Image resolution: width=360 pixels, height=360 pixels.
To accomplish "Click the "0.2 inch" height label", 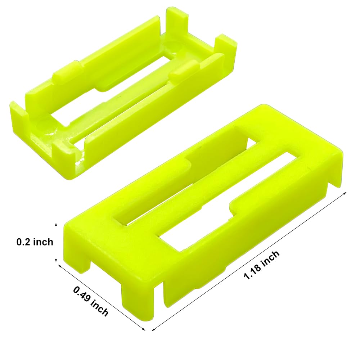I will pyautogui.click(x=35, y=242).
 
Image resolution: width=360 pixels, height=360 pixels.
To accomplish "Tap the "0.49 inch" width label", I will pyautogui.click(x=91, y=301).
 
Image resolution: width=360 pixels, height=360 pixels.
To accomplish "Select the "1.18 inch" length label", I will pyautogui.click(x=262, y=265).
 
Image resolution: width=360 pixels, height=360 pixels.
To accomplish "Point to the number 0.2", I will pyautogui.click(x=23, y=242).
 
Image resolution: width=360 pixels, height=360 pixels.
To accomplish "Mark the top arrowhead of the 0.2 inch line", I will pyautogui.click(x=56, y=224).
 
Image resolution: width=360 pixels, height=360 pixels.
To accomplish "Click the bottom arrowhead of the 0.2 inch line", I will pyautogui.click(x=56, y=261).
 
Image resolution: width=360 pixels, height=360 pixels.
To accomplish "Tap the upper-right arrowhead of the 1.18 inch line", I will pyautogui.click(x=346, y=193).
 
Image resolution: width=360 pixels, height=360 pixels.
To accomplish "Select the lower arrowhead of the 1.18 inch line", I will pyautogui.click(x=153, y=329).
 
